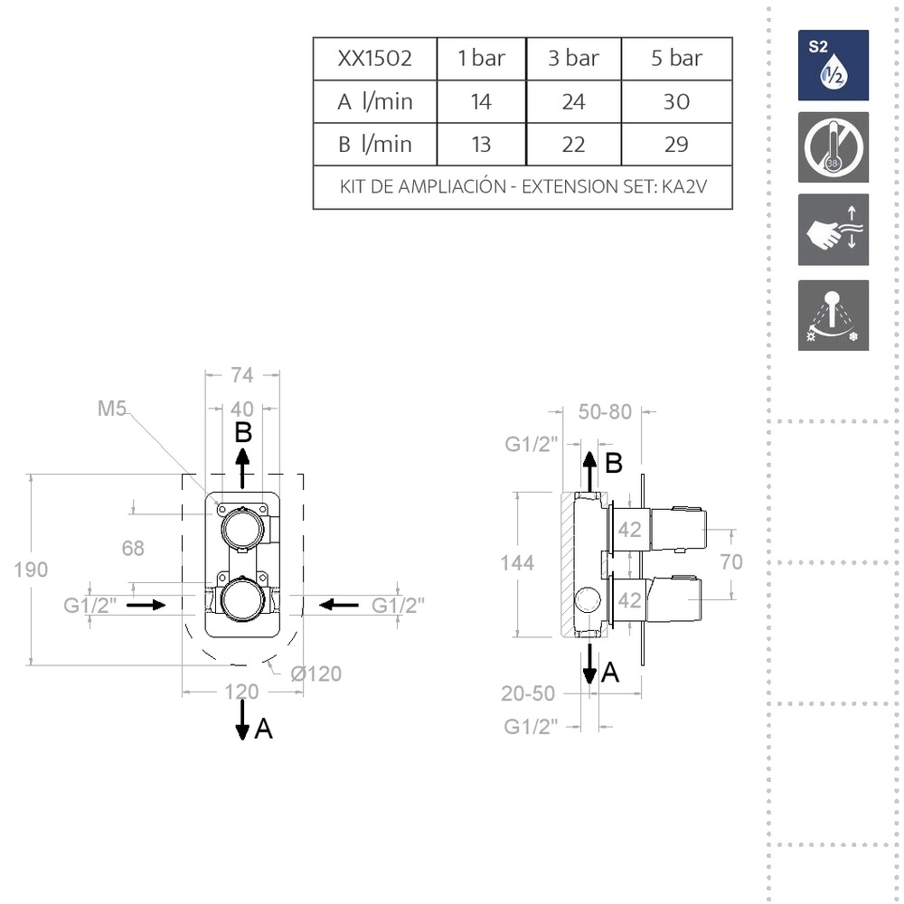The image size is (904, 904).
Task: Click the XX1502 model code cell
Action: pyautogui.click(x=375, y=58)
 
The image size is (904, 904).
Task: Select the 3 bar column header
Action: pyautogui.click(x=573, y=58)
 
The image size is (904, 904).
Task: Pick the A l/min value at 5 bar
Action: pyautogui.click(x=676, y=101)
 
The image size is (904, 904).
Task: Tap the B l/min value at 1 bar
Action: pyautogui.click(x=481, y=144)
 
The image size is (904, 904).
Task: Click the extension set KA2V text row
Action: pyautogui.click(x=523, y=187)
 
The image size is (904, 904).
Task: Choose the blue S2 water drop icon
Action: pyautogui.click(x=833, y=65)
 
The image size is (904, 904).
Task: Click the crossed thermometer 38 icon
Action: pyautogui.click(x=833, y=147)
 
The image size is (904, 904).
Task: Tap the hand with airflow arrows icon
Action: pyautogui.click(x=833, y=230)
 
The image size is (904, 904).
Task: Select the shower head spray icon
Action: pyautogui.click(x=833, y=315)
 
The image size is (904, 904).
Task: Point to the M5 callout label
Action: pyautogui.click(x=112, y=409)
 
